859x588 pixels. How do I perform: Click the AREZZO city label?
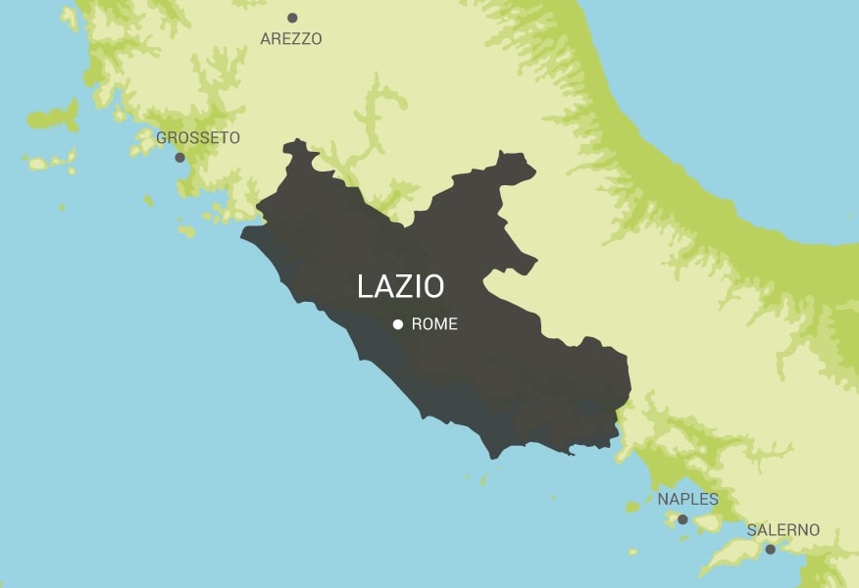(290, 39)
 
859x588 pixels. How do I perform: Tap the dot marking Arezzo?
(292, 18)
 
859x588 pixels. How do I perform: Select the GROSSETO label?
(198, 138)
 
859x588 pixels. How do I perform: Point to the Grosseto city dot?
(179, 158)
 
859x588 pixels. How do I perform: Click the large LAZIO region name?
(400, 286)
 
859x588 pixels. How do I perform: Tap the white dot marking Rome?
(398, 324)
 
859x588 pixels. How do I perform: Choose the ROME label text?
(434, 324)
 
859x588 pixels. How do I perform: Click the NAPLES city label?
(687, 500)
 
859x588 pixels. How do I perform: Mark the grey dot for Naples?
(682, 519)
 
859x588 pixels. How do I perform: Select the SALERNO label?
(783, 530)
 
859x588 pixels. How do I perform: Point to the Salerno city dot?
(770, 549)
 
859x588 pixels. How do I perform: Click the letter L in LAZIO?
(366, 286)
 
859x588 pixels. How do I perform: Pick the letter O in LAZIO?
(432, 286)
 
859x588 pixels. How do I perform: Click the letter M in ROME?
(440, 324)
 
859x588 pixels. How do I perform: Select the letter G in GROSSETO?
(162, 138)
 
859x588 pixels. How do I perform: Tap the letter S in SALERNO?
(752, 530)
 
